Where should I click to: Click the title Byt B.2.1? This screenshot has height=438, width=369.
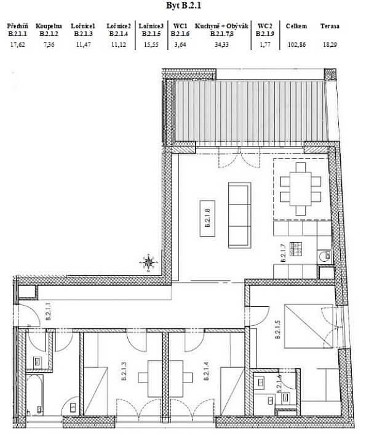click(184, 6)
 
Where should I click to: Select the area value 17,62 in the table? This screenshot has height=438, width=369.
click(17, 44)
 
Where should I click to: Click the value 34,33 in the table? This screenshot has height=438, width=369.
click(220, 44)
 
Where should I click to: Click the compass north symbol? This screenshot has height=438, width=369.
click(148, 263)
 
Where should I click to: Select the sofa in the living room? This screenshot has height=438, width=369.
click(239, 214)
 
